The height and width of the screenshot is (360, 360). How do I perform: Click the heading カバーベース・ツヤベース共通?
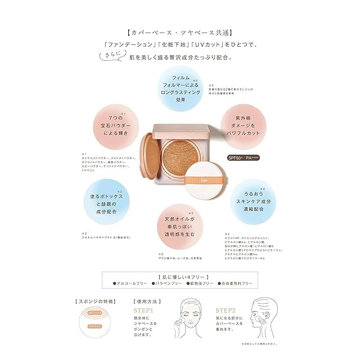point(179,33)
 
